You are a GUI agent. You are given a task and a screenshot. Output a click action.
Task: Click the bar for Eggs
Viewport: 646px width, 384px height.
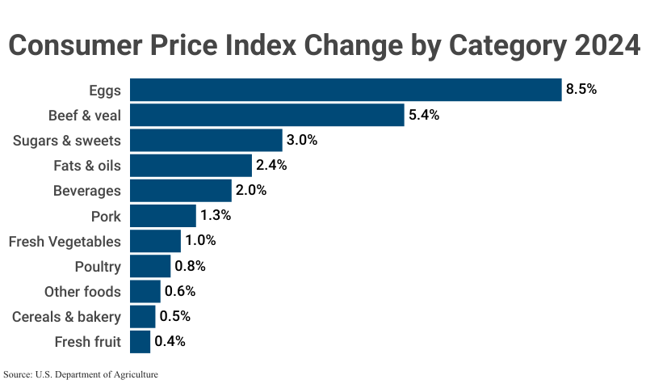(x=346, y=90)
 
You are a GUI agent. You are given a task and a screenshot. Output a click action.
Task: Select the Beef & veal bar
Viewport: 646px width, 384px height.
(x=266, y=115)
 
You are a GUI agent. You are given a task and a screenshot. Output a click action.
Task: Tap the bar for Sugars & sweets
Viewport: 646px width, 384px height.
(x=206, y=140)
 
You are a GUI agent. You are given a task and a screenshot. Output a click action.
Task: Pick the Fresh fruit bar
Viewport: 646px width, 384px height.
(x=140, y=341)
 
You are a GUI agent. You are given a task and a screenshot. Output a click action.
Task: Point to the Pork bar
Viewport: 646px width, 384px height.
(x=162, y=216)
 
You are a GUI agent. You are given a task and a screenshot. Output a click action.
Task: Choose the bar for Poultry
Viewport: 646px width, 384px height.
(x=150, y=266)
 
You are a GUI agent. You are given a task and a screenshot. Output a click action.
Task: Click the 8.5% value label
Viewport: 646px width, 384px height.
(x=581, y=90)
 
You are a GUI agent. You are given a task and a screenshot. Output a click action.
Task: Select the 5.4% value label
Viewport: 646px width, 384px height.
(x=424, y=115)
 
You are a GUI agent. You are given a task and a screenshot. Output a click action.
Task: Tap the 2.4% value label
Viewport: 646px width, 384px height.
(x=272, y=166)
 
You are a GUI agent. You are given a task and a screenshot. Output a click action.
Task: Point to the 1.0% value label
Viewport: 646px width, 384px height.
(x=201, y=241)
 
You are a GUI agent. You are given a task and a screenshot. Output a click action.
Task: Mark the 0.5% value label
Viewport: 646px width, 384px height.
(x=175, y=316)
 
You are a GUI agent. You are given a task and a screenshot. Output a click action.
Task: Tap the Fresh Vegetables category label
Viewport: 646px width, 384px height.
(x=65, y=241)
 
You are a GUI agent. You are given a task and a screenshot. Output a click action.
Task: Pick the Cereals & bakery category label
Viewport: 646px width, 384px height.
(x=66, y=316)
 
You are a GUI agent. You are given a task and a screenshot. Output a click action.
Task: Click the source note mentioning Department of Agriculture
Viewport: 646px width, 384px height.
(x=81, y=374)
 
